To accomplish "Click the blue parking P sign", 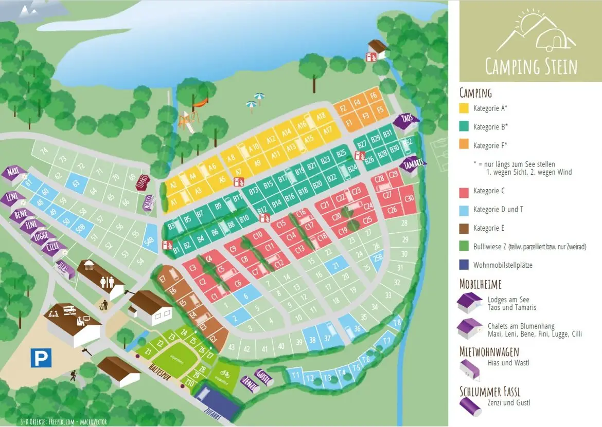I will point(41,358).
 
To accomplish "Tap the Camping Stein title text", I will point(531,67).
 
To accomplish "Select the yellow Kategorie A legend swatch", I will point(466,108).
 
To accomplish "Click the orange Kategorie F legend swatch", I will point(466,145).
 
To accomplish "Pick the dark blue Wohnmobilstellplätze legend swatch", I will point(466,265).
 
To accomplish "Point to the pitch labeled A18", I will point(322,117).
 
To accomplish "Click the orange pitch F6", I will point(374,96).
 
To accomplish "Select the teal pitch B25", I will point(341,153).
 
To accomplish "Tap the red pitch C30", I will point(410,198).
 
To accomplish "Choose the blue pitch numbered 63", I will point(76,183).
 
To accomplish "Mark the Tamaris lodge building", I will point(413,164).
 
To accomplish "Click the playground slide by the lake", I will point(186,121).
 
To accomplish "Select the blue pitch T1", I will point(295,376).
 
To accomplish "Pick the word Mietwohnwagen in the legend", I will point(489,351).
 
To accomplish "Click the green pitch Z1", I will point(148,352).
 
